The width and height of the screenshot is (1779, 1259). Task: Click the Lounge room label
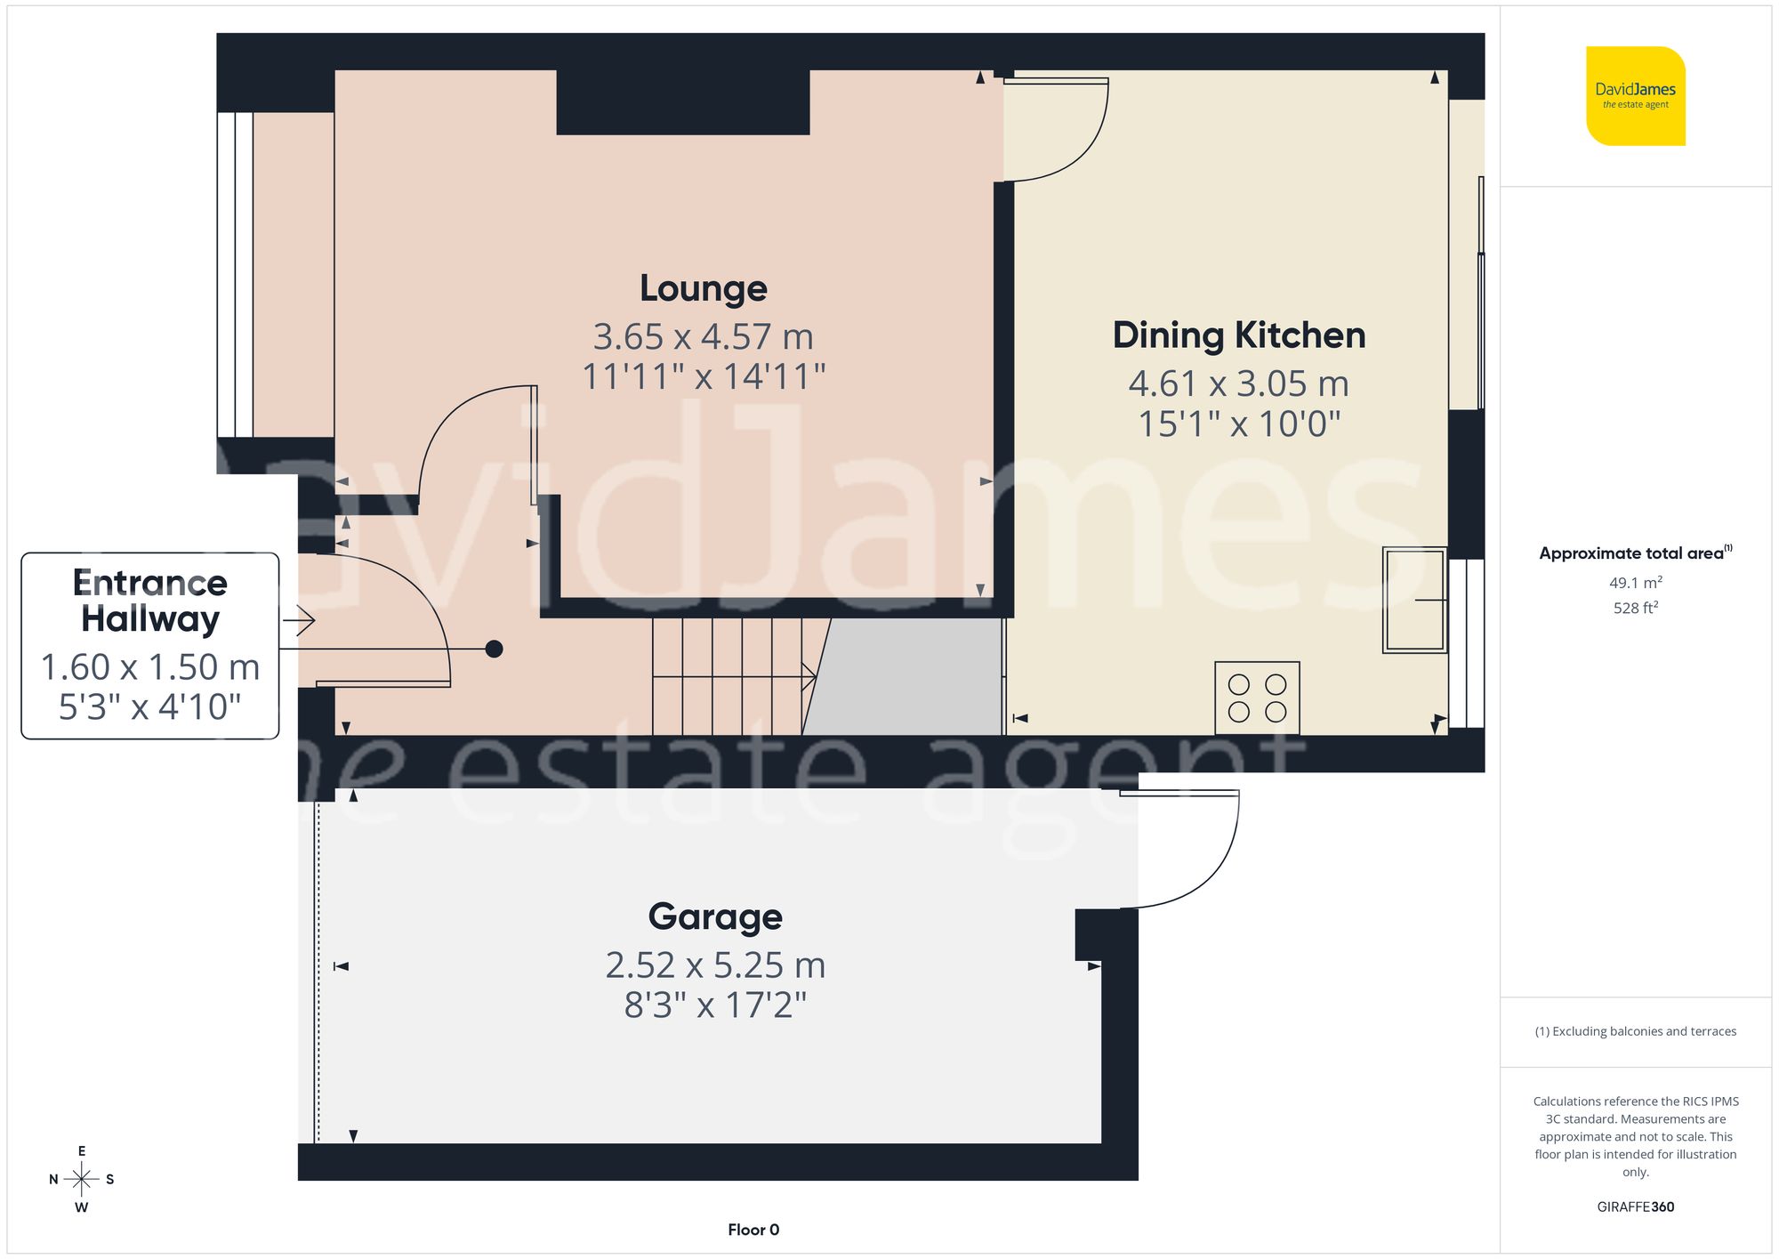point(703,288)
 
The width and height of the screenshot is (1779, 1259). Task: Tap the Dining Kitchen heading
point(1238,335)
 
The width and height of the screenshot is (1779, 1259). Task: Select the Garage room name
point(715,916)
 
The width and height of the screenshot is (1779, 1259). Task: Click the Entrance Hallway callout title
point(150,601)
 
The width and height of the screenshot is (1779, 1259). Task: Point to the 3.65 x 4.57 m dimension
point(703,337)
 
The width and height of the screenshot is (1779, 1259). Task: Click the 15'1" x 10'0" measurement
point(1238,424)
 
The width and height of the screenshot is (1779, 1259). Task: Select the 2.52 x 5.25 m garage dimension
point(715,965)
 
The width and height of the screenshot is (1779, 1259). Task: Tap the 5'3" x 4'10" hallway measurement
point(150,706)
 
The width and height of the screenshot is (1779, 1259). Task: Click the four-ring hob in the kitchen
point(1257,698)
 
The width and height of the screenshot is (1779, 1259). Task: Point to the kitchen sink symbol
point(1413,601)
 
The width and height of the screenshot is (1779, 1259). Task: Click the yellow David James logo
point(1635,96)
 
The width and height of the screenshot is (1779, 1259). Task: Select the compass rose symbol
point(82,1180)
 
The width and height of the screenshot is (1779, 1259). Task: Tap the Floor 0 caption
point(753,1230)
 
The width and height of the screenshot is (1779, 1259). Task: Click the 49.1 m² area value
point(1635,583)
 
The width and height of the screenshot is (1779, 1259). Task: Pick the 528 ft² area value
point(1635,608)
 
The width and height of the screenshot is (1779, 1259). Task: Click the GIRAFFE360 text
point(1635,1207)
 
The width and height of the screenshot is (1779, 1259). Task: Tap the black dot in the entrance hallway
point(495,649)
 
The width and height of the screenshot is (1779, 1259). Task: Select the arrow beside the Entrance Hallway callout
point(300,620)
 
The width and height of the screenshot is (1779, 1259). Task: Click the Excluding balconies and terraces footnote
point(1635,1031)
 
